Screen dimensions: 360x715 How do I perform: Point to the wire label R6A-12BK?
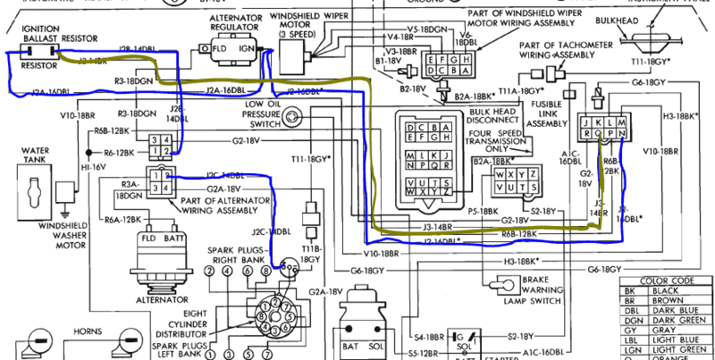click(125, 219)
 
